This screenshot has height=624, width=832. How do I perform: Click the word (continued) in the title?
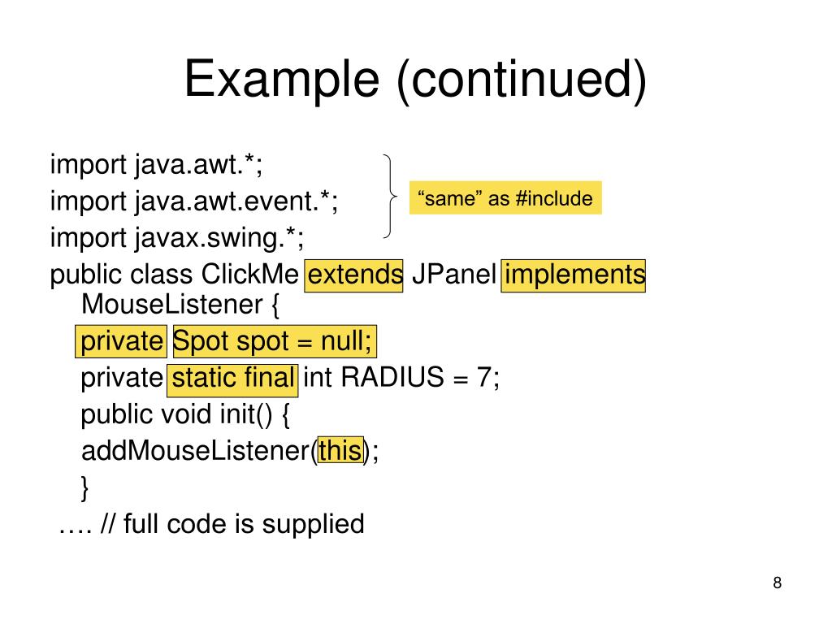[x=522, y=81]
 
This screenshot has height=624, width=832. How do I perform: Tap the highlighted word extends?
[x=355, y=275]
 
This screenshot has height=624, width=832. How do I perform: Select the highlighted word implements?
[x=574, y=275]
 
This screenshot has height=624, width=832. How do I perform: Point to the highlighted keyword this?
[x=340, y=449]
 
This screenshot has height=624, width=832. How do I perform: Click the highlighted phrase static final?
[x=233, y=378]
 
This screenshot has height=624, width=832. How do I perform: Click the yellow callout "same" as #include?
[x=505, y=198]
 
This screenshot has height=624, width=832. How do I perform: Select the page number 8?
[x=777, y=583]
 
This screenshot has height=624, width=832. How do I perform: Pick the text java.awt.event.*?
[x=236, y=202]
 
